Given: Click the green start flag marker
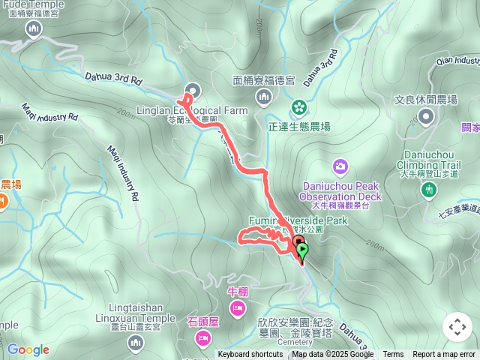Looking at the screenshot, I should click(x=303, y=250).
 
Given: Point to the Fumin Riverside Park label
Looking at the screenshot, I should click(x=300, y=221).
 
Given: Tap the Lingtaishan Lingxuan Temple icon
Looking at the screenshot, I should click(x=136, y=343).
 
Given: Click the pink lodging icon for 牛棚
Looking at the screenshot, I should click(x=237, y=308).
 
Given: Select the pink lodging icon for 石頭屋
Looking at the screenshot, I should click(x=202, y=339).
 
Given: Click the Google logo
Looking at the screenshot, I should click(x=28, y=349).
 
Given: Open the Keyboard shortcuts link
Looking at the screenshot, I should click(x=250, y=355).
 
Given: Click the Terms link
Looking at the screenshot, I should click(x=393, y=355).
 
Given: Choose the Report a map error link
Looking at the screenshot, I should click(x=444, y=355).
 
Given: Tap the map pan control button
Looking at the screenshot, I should click(x=457, y=327).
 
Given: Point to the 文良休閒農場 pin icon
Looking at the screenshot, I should click(x=426, y=115).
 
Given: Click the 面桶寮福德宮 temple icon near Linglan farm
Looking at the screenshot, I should click(x=263, y=96).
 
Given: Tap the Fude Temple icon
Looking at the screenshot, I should click(x=34, y=29).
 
